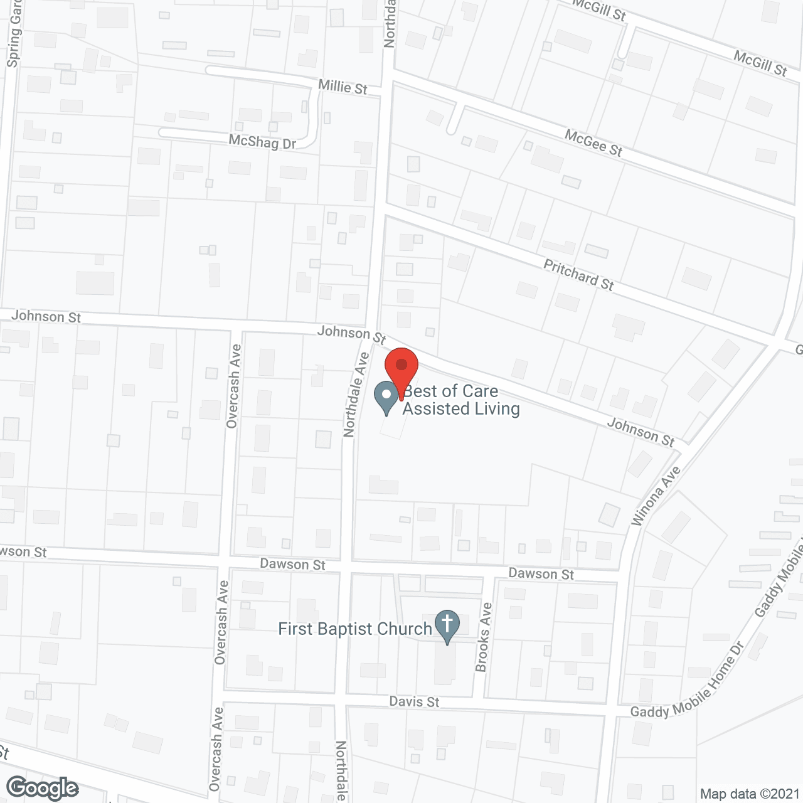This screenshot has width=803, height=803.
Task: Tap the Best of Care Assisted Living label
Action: (461, 400)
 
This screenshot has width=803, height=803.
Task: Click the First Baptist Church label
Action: (355, 629)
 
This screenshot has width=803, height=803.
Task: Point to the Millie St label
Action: (343, 87)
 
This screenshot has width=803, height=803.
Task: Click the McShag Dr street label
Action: (262, 142)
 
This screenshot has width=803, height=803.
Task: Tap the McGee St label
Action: (593, 143)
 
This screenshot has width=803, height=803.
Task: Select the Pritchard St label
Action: (578, 275)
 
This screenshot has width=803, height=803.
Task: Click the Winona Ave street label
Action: (656, 496)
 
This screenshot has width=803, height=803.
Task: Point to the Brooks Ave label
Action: (484, 637)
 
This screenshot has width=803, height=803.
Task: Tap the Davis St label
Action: (414, 701)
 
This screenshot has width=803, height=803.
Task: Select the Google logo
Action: (42, 788)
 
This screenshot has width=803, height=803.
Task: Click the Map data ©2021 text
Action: (750, 794)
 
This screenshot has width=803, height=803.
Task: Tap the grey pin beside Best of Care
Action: (386, 397)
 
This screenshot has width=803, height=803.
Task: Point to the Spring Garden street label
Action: (14, 35)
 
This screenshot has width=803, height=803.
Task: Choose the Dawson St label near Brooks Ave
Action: (541, 573)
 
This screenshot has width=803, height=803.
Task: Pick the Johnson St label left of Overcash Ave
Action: (46, 316)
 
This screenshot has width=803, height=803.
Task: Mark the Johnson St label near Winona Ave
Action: (641, 432)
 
